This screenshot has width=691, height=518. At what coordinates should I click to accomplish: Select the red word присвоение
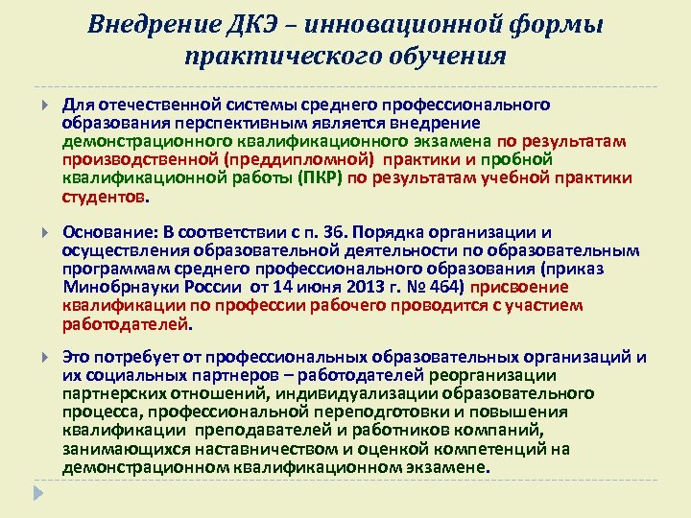[x=521, y=287]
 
